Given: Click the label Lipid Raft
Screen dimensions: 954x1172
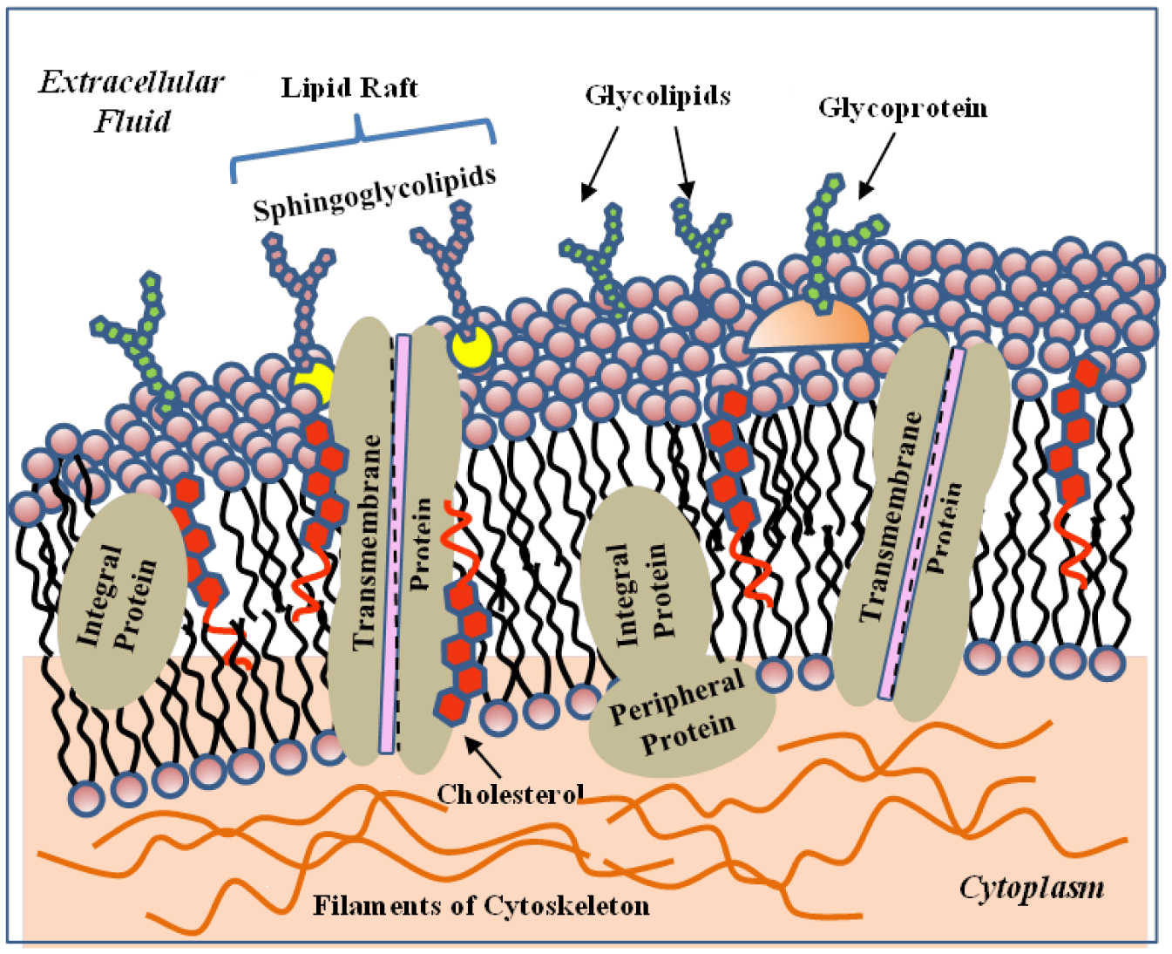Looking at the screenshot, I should (349, 88).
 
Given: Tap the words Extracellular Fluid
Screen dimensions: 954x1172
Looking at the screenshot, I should (132, 101).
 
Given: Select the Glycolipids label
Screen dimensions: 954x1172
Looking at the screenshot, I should (657, 95).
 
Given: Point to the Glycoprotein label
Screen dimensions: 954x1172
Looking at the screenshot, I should (902, 108).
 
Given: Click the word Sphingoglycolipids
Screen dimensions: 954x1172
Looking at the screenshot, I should (374, 194).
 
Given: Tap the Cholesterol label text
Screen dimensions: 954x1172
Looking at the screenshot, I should (510, 794).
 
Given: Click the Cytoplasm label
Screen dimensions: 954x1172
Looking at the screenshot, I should (1031, 888).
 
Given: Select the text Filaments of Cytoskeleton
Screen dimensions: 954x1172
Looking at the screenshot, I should (481, 905).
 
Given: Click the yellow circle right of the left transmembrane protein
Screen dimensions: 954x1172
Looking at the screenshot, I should (471, 348).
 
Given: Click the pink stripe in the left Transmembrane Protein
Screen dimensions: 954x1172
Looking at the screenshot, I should (395, 541).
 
